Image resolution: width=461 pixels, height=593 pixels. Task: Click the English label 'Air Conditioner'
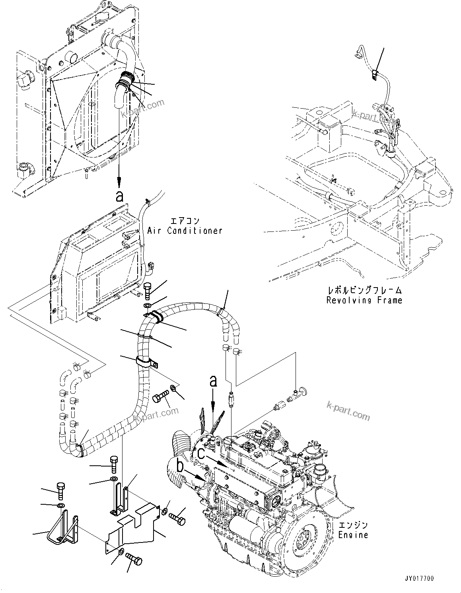185,231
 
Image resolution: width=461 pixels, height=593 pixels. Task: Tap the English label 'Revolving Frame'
364,300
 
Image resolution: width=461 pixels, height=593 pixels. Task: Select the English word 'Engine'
353,535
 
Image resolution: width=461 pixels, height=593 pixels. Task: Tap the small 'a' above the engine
214,381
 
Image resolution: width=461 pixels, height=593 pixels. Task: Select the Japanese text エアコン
184,221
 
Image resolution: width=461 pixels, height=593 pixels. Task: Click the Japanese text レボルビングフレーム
364,291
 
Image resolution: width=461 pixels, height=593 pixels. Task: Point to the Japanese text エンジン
354,525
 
